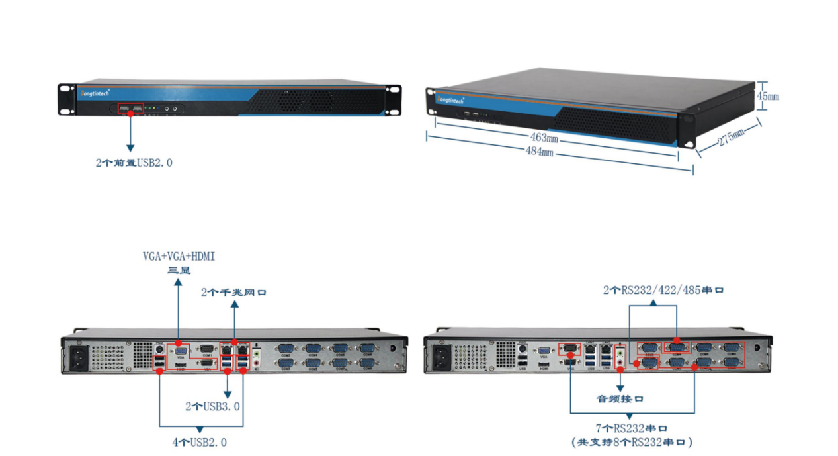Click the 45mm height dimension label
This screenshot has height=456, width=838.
[x=768, y=96]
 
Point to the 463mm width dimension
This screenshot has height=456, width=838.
[x=544, y=138]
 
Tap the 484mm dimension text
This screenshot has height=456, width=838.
[x=540, y=152]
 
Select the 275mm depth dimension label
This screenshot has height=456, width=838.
[x=730, y=140]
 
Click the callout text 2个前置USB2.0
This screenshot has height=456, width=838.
[x=134, y=162]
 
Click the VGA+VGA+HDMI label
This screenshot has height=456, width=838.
[x=179, y=256]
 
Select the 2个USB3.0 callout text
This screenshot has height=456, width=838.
[x=212, y=406]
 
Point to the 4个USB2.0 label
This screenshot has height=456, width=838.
[x=199, y=442]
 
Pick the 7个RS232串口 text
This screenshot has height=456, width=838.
[x=632, y=429]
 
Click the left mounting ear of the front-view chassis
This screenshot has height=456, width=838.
[x=66, y=99]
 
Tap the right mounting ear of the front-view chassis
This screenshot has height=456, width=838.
[x=393, y=99]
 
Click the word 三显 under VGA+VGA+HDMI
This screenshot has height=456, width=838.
[x=179, y=270]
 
